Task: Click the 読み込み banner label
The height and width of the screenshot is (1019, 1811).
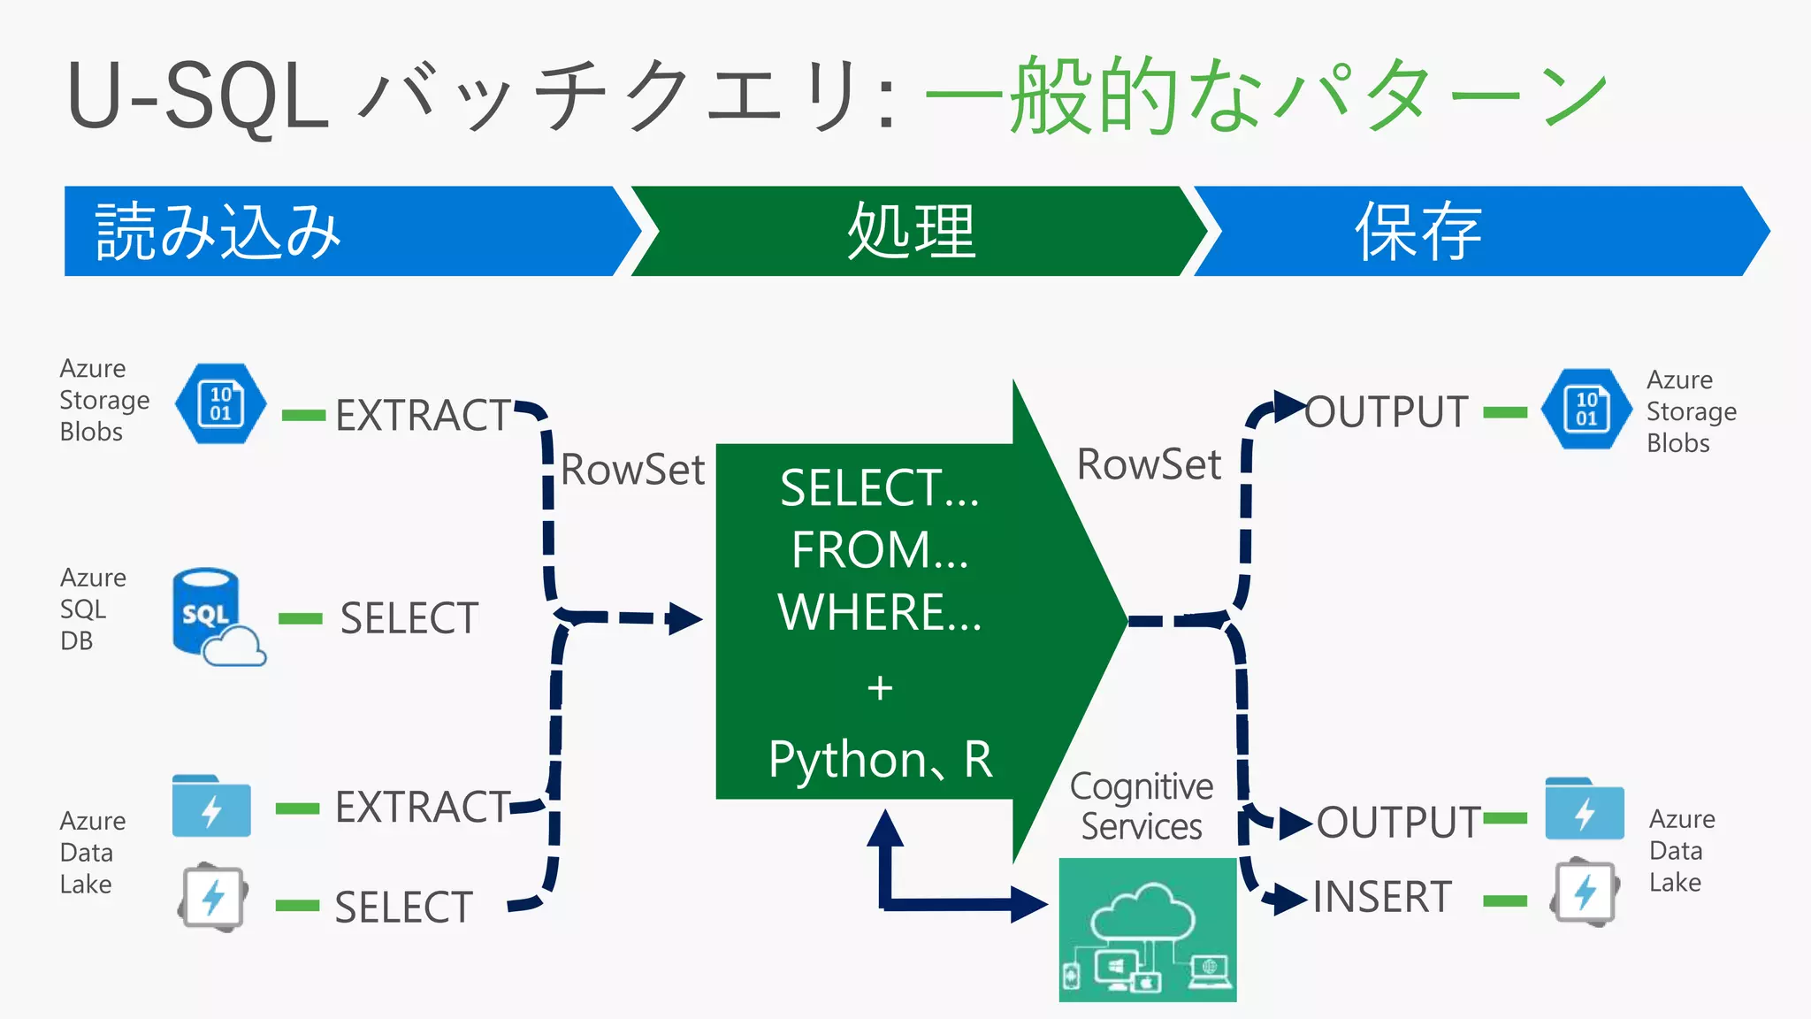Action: click(x=218, y=232)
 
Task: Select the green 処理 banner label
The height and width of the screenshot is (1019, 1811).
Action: click(x=911, y=232)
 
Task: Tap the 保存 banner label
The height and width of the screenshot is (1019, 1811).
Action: click(x=1418, y=232)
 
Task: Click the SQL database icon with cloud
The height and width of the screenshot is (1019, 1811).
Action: click(x=216, y=617)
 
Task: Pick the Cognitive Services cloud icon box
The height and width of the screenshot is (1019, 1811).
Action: click(x=1147, y=929)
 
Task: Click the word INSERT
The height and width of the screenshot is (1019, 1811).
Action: click(x=1382, y=897)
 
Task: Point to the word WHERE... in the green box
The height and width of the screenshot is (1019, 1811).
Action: click(x=880, y=612)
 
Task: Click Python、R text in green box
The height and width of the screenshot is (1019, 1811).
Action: click(x=881, y=759)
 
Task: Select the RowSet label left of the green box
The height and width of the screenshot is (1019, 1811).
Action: click(x=632, y=470)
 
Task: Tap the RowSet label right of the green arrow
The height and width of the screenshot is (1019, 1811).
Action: click(x=1149, y=464)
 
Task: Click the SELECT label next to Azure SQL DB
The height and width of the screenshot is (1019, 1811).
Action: click(x=409, y=618)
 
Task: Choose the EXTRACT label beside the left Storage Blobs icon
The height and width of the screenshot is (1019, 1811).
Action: click(x=424, y=415)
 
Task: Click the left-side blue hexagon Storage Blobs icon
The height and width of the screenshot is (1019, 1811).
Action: click(x=220, y=403)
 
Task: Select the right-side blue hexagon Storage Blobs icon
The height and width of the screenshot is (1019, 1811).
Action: click(x=1586, y=409)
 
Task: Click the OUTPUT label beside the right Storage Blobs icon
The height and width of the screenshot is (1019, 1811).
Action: click(x=1387, y=412)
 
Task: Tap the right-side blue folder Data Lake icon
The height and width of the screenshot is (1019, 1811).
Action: click(x=1584, y=808)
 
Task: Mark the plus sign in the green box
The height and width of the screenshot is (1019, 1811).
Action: click(x=880, y=687)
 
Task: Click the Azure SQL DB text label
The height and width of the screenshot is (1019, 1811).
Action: click(x=92, y=609)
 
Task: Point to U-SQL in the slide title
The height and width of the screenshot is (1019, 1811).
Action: click(x=197, y=96)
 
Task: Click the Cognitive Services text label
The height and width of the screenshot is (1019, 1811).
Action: click(x=1141, y=806)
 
